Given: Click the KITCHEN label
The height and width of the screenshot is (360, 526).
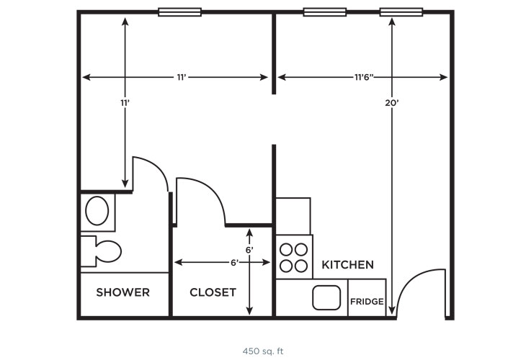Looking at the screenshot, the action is click(x=347, y=265).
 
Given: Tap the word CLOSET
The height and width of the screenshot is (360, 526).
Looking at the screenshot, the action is click(x=213, y=292).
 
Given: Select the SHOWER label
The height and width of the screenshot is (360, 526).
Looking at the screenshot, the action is click(x=122, y=292).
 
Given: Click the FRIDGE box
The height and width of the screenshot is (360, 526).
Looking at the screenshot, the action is click(x=367, y=297).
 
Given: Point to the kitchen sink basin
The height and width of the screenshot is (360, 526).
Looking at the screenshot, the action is click(x=326, y=297).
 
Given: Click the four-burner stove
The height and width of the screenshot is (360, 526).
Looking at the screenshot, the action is click(x=294, y=257).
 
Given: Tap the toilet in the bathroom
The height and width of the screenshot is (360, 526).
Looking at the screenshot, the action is click(x=101, y=251).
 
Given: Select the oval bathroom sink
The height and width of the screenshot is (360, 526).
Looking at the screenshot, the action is click(x=97, y=211).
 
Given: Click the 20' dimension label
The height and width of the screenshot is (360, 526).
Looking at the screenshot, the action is click(x=391, y=103).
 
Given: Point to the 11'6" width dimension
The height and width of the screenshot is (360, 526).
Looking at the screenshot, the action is click(x=364, y=78).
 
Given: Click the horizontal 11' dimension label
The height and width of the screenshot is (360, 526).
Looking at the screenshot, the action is click(x=182, y=78).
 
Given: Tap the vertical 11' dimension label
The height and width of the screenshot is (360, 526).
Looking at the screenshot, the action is click(x=125, y=103).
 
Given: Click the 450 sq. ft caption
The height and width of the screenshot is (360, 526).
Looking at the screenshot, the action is click(x=263, y=351).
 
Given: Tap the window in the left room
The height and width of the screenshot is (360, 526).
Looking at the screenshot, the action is click(x=180, y=12).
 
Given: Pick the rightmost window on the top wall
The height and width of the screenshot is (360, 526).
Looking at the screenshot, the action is click(x=401, y=12).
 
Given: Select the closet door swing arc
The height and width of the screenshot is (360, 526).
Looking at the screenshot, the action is click(x=210, y=190).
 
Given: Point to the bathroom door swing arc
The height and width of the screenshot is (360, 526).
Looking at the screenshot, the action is click(x=158, y=167).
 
